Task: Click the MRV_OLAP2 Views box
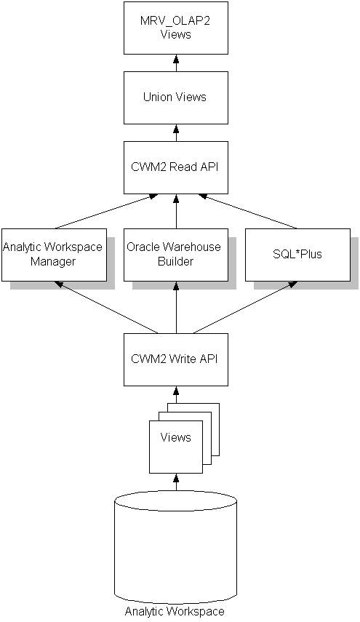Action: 175,28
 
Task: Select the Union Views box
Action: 175,97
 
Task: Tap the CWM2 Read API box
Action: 175,167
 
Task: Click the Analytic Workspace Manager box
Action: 52,254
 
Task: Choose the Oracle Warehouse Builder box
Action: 175,254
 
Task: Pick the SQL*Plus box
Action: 297,254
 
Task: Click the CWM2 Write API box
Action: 175,359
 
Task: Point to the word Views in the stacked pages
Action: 175,437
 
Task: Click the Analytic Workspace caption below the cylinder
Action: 175,612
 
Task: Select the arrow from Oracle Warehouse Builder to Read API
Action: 175,211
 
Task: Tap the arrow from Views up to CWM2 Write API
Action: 175,394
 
